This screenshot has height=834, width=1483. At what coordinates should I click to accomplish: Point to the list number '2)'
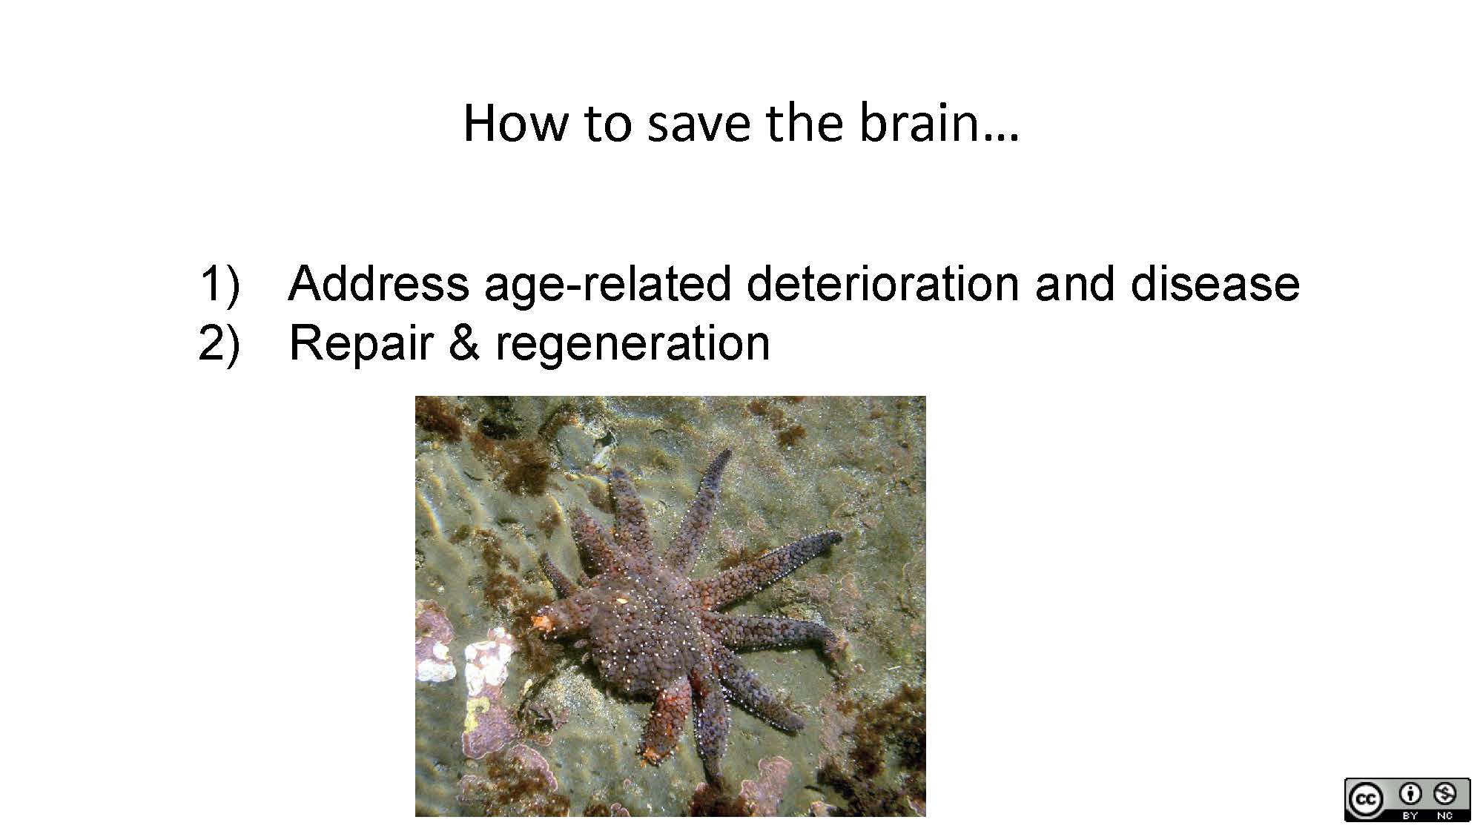pyautogui.click(x=219, y=342)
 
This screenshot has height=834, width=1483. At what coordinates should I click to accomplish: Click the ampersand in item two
pyautogui.click(x=463, y=342)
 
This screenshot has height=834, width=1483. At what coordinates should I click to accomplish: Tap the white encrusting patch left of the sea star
pyautogui.click(x=486, y=660)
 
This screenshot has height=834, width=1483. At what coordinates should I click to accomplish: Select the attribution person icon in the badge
pyautogui.click(x=1410, y=794)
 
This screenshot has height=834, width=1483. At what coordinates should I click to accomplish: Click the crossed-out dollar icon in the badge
pyautogui.click(x=1445, y=794)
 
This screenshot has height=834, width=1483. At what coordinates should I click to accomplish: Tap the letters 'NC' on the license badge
pyautogui.click(x=1445, y=815)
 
